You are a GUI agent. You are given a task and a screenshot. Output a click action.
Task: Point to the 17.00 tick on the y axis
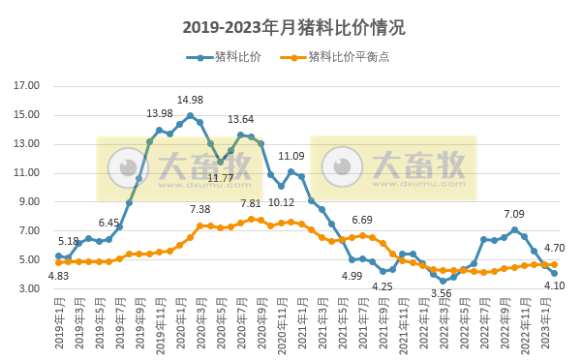[x=27, y=86]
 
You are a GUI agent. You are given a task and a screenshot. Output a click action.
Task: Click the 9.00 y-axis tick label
[x=30, y=202]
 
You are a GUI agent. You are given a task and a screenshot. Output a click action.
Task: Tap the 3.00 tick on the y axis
[x=30, y=289]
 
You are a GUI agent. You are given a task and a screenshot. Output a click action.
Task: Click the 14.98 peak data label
[x=190, y=100]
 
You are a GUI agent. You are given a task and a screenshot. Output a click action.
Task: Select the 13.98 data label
[x=160, y=113]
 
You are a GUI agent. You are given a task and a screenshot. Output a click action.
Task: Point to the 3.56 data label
[x=442, y=293]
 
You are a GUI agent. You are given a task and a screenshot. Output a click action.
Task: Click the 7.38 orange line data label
[x=199, y=209]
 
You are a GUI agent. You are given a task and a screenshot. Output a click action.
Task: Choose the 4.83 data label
[x=58, y=276]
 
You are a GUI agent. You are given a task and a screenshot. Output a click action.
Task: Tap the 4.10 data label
[x=554, y=285]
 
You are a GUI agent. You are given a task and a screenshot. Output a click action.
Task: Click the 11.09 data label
[x=291, y=156]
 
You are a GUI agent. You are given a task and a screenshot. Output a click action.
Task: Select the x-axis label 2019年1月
[x=60, y=323]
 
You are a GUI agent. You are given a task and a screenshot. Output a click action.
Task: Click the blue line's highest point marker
[x=190, y=115]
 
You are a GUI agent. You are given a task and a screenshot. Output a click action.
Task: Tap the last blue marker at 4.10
[x=554, y=273]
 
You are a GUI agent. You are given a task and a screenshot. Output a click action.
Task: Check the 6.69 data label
[x=362, y=220]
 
